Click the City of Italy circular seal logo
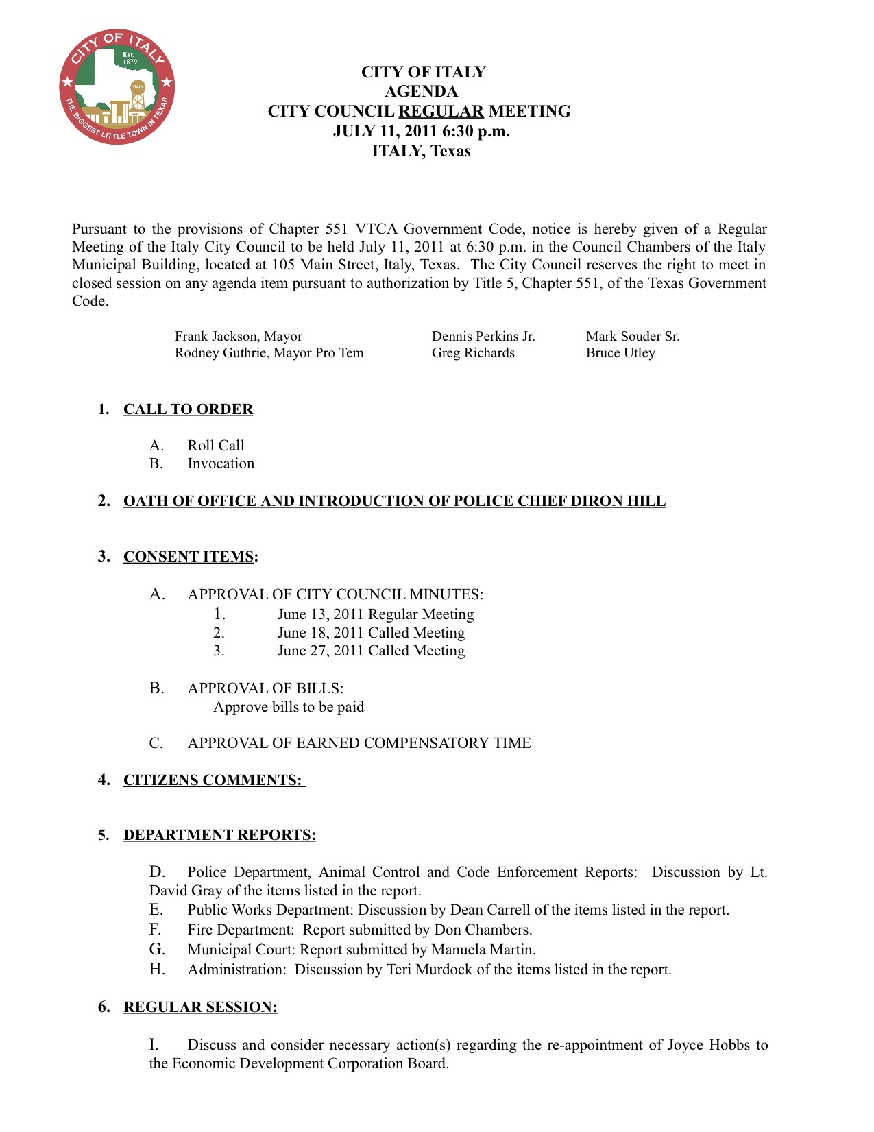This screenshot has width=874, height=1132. tap(117, 87)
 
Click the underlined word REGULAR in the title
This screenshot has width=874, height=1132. tap(441, 111)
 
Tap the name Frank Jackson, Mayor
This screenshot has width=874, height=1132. tap(238, 336)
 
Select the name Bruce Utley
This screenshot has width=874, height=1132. tap(620, 353)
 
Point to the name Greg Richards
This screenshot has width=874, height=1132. tap(473, 353)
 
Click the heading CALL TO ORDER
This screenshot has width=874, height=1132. tap(188, 409)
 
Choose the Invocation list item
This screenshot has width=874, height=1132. tap(221, 463)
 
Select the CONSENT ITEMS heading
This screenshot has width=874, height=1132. tap(189, 556)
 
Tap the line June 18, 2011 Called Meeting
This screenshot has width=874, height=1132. tap(371, 633)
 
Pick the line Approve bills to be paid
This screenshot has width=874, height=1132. tap(289, 707)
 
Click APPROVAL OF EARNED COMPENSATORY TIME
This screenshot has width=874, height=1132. tap(359, 743)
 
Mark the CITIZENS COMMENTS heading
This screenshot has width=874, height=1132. tap(213, 780)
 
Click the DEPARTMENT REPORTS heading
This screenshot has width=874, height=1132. tap(219, 835)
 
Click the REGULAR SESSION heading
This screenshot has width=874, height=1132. tap(200, 1007)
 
